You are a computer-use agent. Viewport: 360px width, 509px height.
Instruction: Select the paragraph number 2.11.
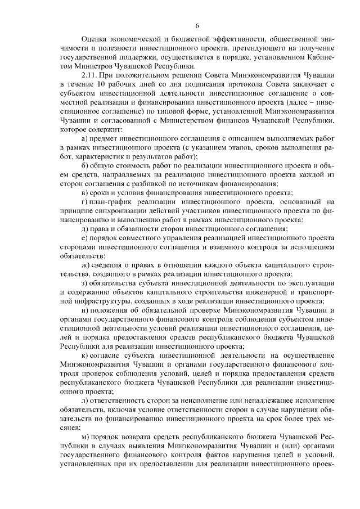(91, 74)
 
